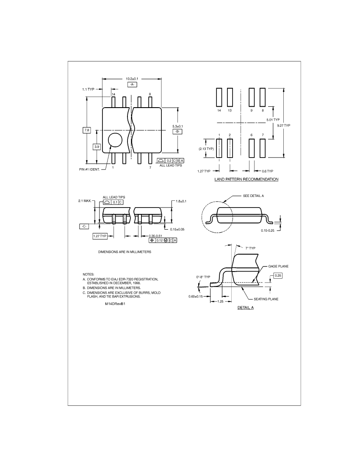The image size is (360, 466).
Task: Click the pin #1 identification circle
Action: pyautogui.click(x=115, y=140)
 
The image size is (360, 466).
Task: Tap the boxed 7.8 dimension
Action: pyautogui.click(x=87, y=130)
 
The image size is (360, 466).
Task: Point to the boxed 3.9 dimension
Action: pyautogui.click(x=97, y=147)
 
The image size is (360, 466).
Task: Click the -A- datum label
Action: pyautogui.click(x=132, y=85)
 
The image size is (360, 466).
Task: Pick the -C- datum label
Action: pyautogui.click(x=84, y=227)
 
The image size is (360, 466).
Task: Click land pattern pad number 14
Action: pyautogui.click(x=219, y=97)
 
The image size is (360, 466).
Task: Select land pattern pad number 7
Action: pyautogui.click(x=263, y=148)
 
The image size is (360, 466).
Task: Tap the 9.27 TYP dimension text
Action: pyautogui.click(x=284, y=125)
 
